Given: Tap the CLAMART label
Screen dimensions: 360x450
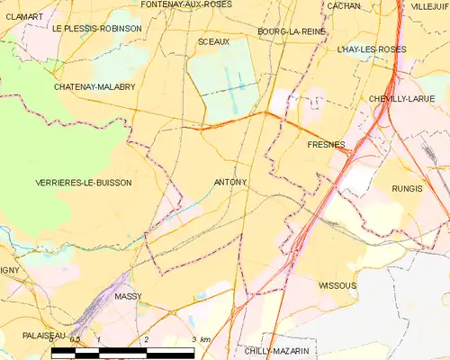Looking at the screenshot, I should coord(22,17).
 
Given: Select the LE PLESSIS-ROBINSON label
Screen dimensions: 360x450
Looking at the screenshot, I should coord(96,29).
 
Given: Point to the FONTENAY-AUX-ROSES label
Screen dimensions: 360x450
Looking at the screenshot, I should coord(187,4).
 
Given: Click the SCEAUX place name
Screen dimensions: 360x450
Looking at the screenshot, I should coord(213,41).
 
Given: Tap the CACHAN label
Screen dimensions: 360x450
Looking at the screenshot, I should coord(344,6).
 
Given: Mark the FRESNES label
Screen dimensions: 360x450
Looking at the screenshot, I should coord(326,144).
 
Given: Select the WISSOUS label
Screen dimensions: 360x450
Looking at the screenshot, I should coord(337,285).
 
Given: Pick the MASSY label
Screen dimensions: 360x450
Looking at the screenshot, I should coord(129,296).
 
